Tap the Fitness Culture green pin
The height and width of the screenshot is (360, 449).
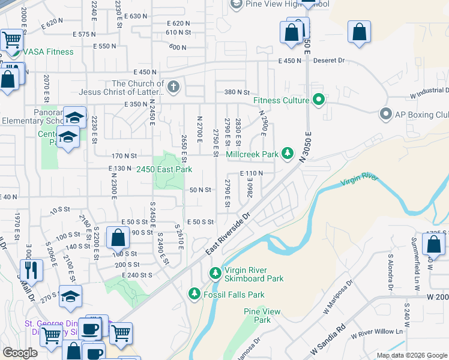[x=318, y=100]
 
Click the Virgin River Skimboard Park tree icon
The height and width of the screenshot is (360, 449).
[x=215, y=274]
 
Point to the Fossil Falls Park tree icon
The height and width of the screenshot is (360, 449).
[x=194, y=294]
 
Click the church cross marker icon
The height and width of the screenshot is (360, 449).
[x=173, y=88]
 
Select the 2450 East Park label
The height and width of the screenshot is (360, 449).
[x=163, y=170]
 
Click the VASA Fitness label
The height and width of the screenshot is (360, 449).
[x=48, y=52]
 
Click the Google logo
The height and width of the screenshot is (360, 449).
[x=20, y=353]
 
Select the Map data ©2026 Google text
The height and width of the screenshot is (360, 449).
[x=411, y=355]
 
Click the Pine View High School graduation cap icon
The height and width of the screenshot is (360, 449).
[x=236, y=4]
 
